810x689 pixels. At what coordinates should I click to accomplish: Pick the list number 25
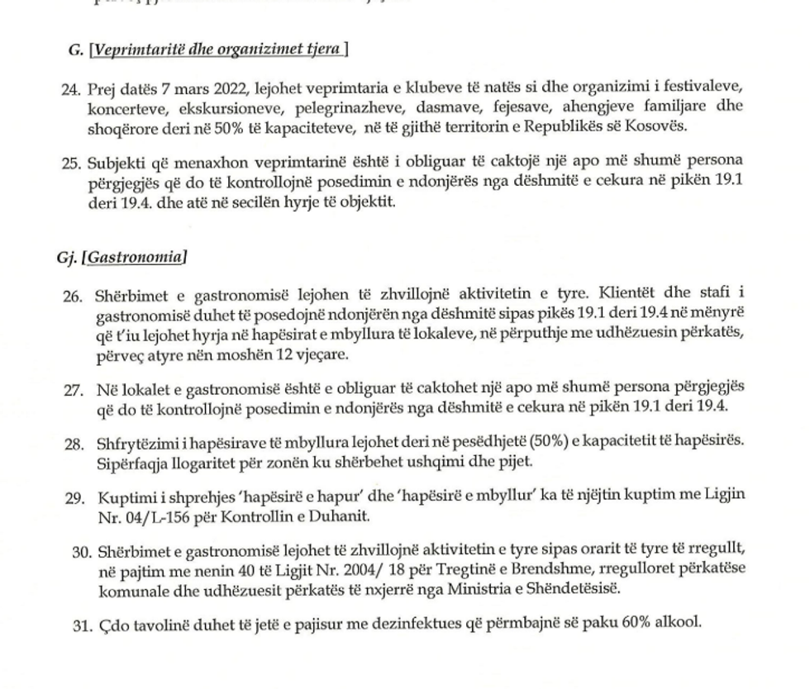[x=70, y=161]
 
